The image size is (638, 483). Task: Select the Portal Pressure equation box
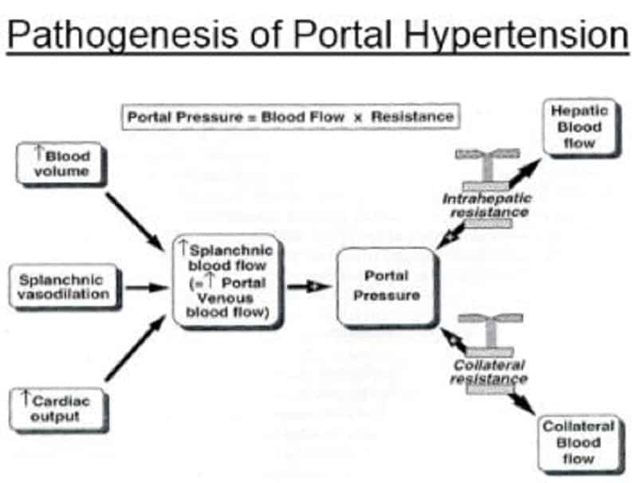(289, 117)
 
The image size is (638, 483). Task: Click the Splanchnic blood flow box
(228, 281)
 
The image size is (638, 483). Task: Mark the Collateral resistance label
(487, 371)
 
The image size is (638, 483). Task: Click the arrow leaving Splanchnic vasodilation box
(148, 288)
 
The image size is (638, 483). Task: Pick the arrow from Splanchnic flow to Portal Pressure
(308, 286)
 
